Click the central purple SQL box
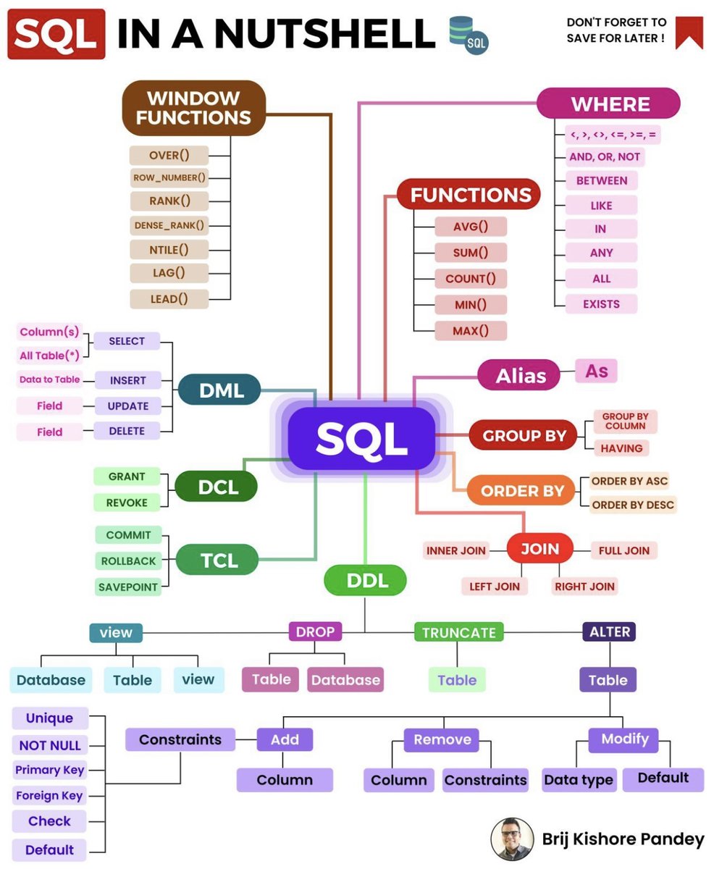[x=361, y=437]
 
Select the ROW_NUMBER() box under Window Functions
[x=169, y=177]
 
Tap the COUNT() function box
[x=470, y=278]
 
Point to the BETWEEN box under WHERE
[x=601, y=180]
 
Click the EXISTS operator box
[x=601, y=303]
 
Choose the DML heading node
[x=221, y=392]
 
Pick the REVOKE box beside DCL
[x=127, y=503]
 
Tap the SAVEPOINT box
[x=127, y=587]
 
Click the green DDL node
[x=365, y=579]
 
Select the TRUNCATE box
[x=458, y=632]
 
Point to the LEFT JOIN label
[x=495, y=587]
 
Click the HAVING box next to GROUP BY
[x=621, y=448]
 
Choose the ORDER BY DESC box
[x=632, y=505]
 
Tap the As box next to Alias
[x=596, y=371]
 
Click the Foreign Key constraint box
[x=49, y=795]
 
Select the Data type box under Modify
[x=579, y=780]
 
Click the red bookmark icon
[x=689, y=32]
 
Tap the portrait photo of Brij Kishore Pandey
[x=512, y=839]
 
